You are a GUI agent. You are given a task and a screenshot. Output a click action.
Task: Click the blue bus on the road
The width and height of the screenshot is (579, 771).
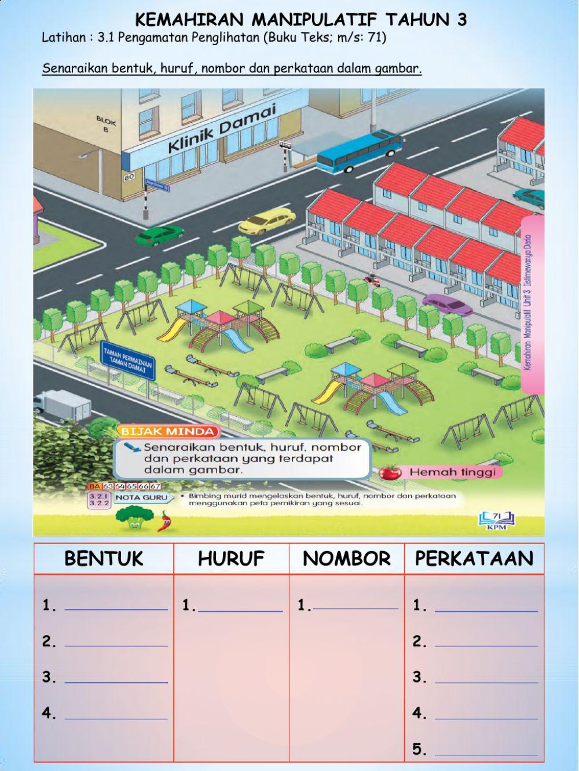[359, 151]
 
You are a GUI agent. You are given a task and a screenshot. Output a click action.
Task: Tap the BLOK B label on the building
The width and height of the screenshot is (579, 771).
[106, 125]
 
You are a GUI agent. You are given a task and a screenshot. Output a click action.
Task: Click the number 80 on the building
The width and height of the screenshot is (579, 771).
[129, 177]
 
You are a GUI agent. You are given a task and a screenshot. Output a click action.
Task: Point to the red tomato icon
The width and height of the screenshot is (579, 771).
[390, 472]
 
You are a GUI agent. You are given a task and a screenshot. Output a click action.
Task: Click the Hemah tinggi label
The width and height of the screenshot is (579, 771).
[453, 472]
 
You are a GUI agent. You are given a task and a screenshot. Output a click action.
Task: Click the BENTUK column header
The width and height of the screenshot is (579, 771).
[104, 559]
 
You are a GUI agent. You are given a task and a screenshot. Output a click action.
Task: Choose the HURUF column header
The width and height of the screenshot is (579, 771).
[231, 559]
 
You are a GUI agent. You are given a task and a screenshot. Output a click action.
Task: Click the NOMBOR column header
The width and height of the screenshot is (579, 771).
[346, 559]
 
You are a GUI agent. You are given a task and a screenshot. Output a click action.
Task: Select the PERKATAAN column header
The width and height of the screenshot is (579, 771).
[474, 559]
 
